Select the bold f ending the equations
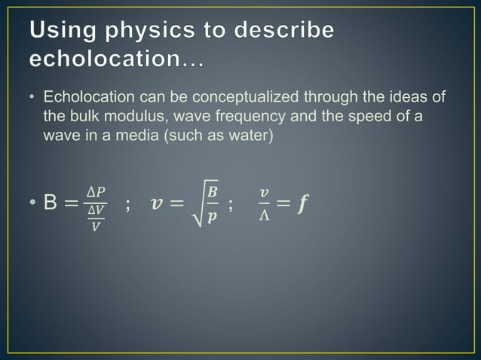[304, 204]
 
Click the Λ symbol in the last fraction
[262, 216]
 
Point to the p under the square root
[213, 217]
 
